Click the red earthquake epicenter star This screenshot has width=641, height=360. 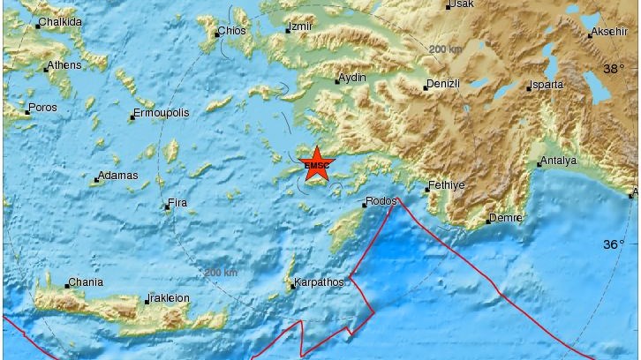tap(315, 164)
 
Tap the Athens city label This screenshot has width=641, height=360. tap(64, 64)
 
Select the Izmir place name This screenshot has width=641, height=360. tap(301, 27)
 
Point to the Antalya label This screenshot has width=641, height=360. tap(560, 161)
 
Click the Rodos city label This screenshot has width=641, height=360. tap(381, 201)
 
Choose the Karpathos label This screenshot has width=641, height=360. tap(320, 284)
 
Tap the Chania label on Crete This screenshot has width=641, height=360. tap(85, 282)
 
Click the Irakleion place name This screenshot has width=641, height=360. tap(169, 298)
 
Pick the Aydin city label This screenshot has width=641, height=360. tap(352, 79)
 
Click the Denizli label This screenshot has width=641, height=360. tap(442, 84)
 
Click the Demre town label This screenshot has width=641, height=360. tap(506, 218)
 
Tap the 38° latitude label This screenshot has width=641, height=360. tap(613, 68)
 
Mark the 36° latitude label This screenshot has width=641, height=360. tap(613, 244)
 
